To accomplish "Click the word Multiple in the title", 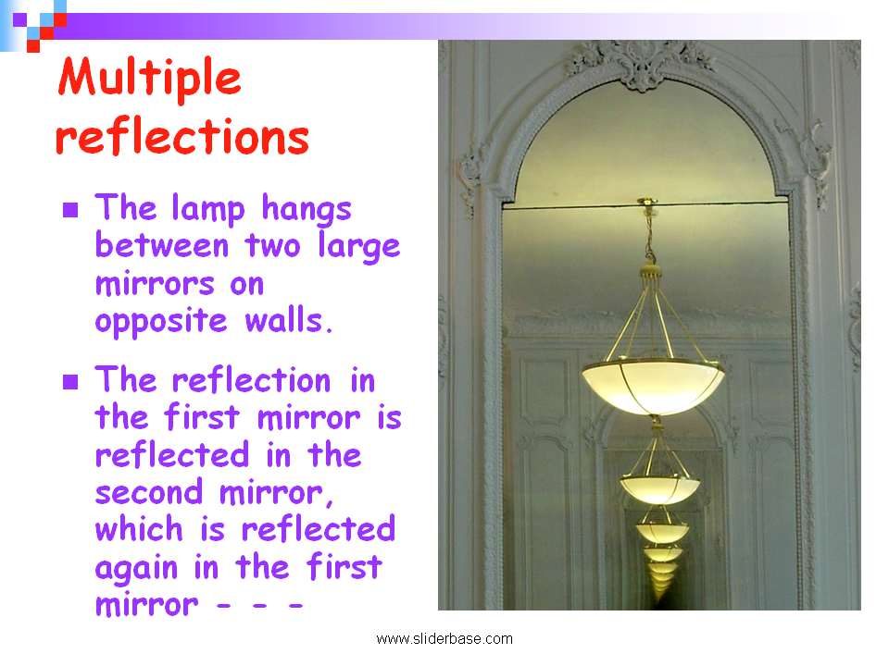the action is tap(150, 80).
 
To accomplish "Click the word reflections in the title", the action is tap(182, 137).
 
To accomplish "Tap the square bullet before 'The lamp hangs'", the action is tap(70, 210).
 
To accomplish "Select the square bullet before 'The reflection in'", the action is tap(70, 382).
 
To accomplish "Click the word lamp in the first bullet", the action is tap(208, 209).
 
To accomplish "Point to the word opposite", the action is tap(161, 322).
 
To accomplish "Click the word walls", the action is tap(288, 320).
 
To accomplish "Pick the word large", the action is tap(359, 247).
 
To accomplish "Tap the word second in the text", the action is tap(149, 491).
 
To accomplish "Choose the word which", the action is tap(139, 529).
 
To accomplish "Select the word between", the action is tap(162, 246).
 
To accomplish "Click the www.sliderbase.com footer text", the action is tap(444, 639).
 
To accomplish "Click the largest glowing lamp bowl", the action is tap(653, 387).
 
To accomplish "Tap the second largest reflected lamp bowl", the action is tap(659, 489).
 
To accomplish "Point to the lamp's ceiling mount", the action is tap(647, 202).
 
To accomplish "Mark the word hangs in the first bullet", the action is tap(307, 209).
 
